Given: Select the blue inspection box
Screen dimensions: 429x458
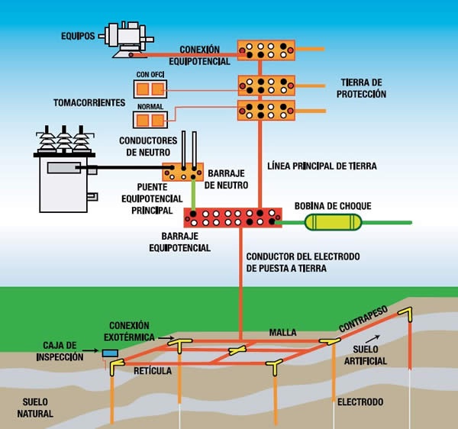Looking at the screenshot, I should click(x=111, y=353).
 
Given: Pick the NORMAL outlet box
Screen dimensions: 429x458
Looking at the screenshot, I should click(x=150, y=119).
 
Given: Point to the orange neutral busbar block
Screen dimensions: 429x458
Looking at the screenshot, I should click(x=182, y=171).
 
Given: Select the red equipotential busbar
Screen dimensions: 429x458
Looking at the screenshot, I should click(x=232, y=217).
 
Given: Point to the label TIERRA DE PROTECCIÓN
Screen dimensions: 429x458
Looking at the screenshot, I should click(x=362, y=89).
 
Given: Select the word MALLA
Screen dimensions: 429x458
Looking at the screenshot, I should click(x=282, y=333).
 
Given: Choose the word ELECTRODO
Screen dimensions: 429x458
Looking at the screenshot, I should click(x=361, y=402).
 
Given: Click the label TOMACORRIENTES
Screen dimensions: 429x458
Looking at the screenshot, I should click(x=88, y=102).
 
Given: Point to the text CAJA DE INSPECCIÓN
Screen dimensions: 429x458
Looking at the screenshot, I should click(x=59, y=351).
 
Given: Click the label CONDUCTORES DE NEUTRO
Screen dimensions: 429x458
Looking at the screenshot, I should click(x=148, y=145).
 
